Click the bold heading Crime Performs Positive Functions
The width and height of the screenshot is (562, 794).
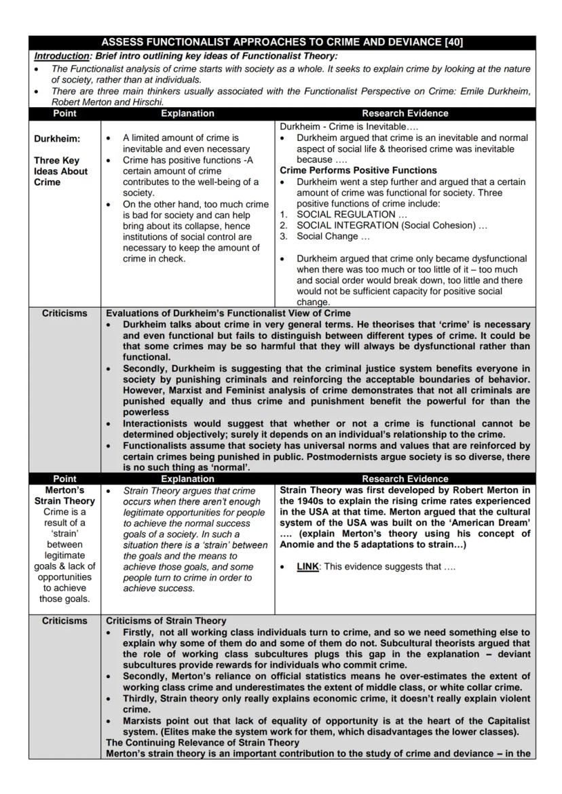pyautogui.click(x=358, y=170)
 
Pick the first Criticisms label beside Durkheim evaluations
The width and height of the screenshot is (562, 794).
pyautogui.click(x=64, y=313)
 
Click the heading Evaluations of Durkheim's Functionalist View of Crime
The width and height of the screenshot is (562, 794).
pyautogui.click(x=228, y=313)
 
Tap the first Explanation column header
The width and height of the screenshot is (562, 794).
pyautogui.click(x=187, y=113)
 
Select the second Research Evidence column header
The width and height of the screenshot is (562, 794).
pyautogui.click(x=405, y=479)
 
